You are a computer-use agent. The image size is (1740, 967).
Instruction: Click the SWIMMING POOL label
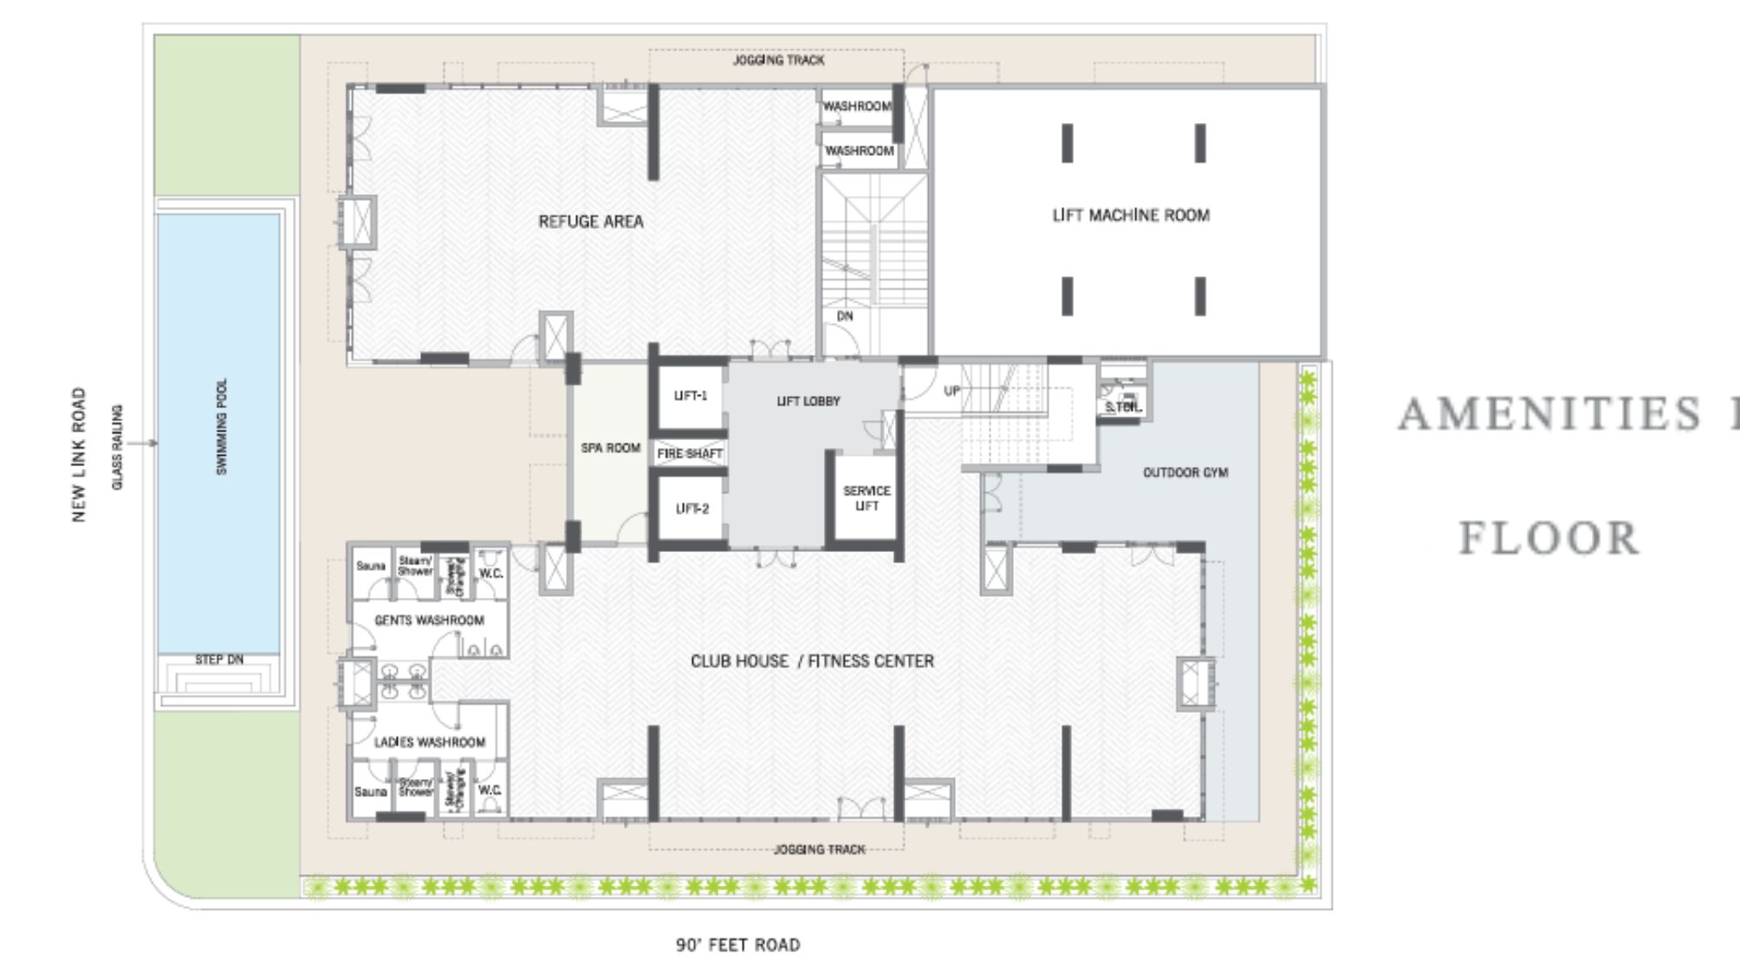(222, 426)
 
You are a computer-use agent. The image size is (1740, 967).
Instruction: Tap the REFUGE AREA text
(591, 222)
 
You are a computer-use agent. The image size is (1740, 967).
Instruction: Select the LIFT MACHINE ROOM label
(1131, 216)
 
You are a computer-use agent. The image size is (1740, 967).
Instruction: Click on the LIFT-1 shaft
(691, 396)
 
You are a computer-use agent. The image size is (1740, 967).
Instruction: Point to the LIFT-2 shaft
(691, 509)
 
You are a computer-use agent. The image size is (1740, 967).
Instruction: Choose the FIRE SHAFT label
(690, 454)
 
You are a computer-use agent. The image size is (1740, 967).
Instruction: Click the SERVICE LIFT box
(867, 498)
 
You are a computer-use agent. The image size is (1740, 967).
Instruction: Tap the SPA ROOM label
(611, 448)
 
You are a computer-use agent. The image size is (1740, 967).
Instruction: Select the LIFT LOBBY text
(808, 401)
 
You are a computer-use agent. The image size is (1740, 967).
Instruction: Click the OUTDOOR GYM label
(1185, 472)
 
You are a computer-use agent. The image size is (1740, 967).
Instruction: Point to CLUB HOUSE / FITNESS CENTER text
(812, 661)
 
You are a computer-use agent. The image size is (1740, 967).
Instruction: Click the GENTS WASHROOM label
(429, 620)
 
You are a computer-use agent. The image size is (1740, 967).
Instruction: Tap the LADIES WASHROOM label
(430, 743)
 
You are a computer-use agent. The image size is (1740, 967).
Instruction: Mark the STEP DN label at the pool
(219, 660)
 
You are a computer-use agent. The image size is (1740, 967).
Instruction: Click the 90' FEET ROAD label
(737, 945)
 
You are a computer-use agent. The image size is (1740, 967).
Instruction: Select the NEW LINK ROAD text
(80, 455)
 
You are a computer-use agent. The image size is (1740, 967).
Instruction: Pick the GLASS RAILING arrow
(144, 444)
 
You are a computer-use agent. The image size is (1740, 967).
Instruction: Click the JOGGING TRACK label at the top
(778, 61)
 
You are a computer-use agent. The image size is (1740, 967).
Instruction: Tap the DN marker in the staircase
(845, 316)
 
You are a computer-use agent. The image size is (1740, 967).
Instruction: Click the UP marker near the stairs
(951, 391)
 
